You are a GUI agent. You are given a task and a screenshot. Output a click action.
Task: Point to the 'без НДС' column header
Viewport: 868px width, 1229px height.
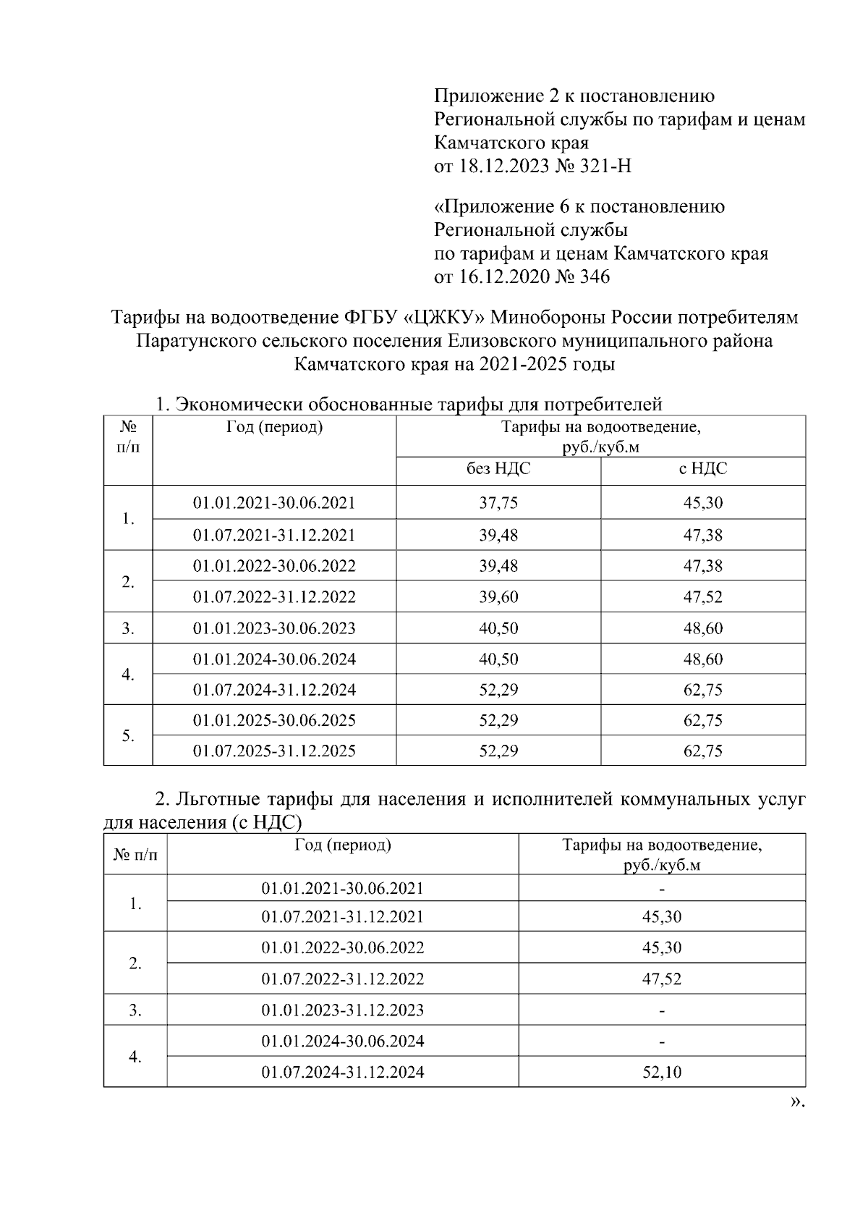coord(498,469)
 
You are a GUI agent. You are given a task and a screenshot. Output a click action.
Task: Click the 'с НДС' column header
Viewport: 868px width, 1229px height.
coord(703,469)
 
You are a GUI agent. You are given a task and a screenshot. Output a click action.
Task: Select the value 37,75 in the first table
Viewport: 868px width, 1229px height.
coord(498,503)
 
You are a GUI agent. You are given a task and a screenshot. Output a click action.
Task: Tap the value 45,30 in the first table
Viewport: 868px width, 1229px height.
coord(703,503)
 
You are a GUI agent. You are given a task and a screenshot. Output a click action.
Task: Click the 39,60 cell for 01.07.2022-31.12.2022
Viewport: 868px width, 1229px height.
coord(498,597)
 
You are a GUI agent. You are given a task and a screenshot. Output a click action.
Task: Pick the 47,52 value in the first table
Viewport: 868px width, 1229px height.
coord(703,597)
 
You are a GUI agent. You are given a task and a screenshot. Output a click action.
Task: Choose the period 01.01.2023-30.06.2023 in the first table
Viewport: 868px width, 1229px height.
coord(274,628)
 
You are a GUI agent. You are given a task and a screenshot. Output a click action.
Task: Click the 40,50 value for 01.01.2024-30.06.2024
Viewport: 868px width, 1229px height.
coord(498,659)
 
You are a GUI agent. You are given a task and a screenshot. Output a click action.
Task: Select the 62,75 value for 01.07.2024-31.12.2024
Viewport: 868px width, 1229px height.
coord(703,690)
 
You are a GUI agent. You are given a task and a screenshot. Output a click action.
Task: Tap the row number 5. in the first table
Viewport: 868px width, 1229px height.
coord(128,735)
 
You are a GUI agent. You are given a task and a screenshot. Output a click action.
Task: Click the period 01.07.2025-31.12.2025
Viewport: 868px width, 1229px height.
coord(274,751)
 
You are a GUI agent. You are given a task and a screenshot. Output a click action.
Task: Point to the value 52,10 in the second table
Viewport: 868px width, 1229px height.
coord(662,1072)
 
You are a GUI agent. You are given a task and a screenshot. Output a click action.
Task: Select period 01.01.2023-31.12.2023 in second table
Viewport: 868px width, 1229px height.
coord(343,1010)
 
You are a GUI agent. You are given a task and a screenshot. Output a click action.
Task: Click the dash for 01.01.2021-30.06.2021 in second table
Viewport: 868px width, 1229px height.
coord(662,889)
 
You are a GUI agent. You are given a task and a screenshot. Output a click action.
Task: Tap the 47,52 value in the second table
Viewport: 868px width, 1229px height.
coord(662,979)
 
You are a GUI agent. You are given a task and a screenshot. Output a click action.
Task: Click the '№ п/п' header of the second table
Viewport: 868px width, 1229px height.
coord(135,855)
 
